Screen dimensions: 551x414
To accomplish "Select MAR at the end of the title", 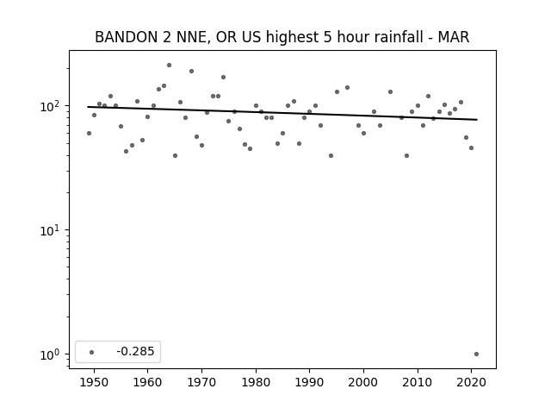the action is [x=454, y=37].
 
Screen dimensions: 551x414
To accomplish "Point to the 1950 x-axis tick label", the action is [x=94, y=382].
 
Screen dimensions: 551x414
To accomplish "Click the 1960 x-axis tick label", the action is [x=147, y=382].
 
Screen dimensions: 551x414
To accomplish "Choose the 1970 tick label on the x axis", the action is [x=201, y=382].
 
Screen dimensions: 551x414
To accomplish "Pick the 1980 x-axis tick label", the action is [x=256, y=382].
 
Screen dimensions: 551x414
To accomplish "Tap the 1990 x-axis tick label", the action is [x=310, y=382].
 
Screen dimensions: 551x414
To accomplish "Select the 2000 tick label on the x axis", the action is [x=363, y=382].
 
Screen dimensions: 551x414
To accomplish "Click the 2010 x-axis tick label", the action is [x=418, y=382].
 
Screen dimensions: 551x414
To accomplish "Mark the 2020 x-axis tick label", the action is [x=471, y=382].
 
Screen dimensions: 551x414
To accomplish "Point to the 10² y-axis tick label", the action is [x=52, y=106].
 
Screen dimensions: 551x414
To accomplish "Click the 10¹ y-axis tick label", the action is [x=52, y=230].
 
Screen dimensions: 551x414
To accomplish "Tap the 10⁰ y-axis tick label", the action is [x=52, y=354].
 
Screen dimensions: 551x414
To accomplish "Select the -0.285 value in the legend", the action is [x=135, y=351].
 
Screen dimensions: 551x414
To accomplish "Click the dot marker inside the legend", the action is [x=92, y=352].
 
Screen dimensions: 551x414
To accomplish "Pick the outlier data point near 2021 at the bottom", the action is [x=476, y=354].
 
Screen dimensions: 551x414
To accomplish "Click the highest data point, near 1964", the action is [x=169, y=66].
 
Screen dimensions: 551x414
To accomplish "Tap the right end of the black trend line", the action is [x=477, y=120].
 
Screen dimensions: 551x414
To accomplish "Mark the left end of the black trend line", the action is [x=88, y=107].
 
